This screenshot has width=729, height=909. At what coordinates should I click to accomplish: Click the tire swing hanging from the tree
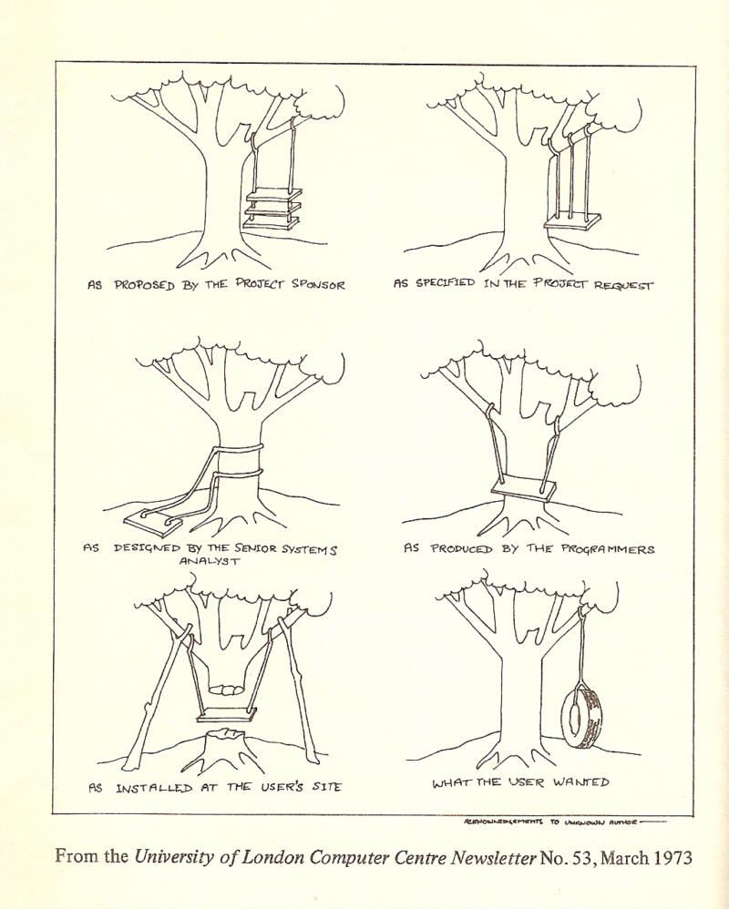pos(580,718)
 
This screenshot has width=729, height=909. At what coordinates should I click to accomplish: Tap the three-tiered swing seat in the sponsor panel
pos(272,209)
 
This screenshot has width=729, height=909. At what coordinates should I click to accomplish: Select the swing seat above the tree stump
pos(228,713)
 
